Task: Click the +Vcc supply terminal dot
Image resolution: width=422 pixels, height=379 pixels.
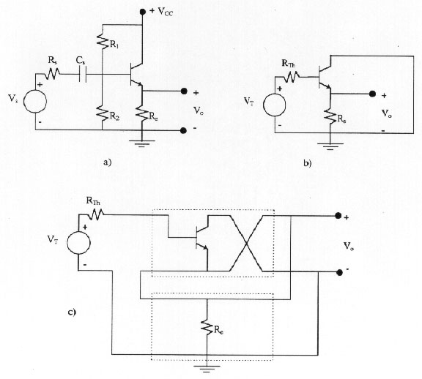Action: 142,12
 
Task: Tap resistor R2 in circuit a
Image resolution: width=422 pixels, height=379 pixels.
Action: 103,113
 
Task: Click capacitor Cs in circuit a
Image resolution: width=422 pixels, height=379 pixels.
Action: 83,75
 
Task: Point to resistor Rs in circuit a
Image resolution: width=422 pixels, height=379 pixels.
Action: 52,74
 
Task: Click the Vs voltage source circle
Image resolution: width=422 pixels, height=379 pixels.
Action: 35,102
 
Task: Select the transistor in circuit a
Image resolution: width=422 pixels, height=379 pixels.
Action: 136,75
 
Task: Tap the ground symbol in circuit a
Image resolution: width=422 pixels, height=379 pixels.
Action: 142,143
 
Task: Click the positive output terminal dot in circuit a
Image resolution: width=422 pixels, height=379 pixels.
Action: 184,91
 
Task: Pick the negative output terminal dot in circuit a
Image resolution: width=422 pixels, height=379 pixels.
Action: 183,131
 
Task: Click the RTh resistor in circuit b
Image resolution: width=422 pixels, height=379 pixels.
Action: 290,77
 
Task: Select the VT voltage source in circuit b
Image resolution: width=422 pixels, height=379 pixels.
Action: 275,105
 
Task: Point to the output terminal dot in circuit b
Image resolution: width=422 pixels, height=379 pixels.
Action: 372,94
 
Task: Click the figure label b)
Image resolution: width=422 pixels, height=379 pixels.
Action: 308,163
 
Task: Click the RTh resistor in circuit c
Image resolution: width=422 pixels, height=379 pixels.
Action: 95,215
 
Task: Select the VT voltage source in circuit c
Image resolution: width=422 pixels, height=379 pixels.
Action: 78,243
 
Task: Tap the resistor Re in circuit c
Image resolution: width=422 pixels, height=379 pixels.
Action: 207,326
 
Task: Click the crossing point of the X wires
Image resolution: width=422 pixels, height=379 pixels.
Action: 246,244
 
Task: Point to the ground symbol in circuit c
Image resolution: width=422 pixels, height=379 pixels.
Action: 207,369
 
